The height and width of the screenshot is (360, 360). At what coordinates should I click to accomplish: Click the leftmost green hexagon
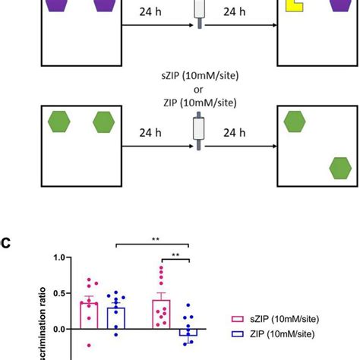click(59, 122)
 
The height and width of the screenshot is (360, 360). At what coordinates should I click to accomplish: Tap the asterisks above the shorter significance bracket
click(177, 255)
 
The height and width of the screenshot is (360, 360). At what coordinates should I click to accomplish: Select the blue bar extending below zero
click(188, 333)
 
